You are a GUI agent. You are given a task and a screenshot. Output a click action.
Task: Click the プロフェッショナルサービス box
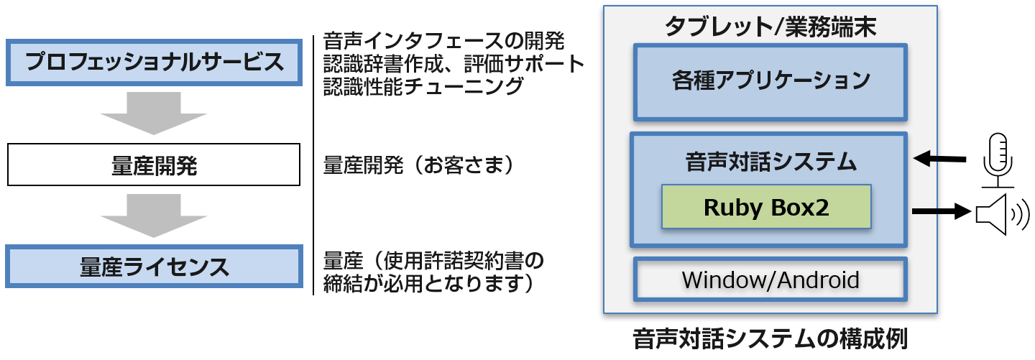153,62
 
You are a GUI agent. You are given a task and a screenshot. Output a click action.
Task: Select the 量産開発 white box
153,165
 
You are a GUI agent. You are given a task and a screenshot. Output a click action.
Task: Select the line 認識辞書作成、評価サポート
454,64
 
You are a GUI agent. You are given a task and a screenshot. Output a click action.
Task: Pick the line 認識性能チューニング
423,88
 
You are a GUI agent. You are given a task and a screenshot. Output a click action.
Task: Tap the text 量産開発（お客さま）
420,166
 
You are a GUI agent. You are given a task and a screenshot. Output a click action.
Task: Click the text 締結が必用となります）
428,282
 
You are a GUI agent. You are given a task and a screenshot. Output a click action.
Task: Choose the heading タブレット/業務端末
770,27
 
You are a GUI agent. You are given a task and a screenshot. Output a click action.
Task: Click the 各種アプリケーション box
770,80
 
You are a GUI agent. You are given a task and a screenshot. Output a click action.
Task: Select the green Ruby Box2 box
766,207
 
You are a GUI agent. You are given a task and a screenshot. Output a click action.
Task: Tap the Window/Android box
770,279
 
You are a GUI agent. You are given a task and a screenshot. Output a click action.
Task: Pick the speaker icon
997,213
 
